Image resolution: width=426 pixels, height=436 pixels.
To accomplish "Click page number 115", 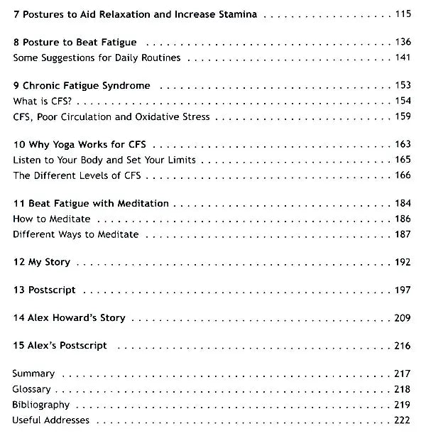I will click(x=403, y=14).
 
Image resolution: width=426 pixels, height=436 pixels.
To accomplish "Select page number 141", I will click(x=403, y=58).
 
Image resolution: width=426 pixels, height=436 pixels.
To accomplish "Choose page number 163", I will click(x=403, y=145).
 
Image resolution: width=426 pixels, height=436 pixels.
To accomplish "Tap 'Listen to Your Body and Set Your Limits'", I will click(x=104, y=160).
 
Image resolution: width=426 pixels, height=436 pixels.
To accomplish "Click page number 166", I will click(x=403, y=175).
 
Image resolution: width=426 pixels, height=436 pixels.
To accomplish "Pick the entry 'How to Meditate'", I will click(x=52, y=219).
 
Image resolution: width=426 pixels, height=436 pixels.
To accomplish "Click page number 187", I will click(x=403, y=234).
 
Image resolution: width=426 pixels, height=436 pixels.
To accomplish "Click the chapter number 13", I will click(x=18, y=290).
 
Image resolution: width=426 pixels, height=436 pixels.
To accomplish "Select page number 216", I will click(x=403, y=346).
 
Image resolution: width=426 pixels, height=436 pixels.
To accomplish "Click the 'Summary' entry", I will click(x=33, y=374).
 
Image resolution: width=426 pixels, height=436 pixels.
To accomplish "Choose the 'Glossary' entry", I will click(x=31, y=389).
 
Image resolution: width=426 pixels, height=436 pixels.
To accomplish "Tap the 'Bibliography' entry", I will click(x=41, y=405).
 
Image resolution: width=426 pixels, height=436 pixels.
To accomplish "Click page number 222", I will click(x=403, y=420).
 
